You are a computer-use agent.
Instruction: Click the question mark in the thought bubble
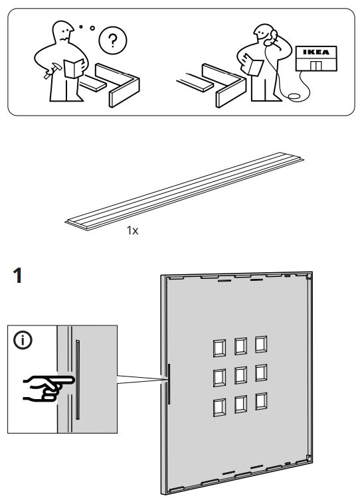pyautogui.click(x=110, y=42)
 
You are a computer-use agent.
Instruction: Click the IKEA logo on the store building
pyautogui.click(x=316, y=50)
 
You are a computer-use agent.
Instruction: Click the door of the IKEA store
pyautogui.click(x=316, y=64)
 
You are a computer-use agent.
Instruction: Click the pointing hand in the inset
pyautogui.click(x=43, y=387)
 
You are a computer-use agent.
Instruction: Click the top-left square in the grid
pyautogui.click(x=218, y=347)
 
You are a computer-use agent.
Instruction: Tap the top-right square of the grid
pyautogui.click(x=260, y=345)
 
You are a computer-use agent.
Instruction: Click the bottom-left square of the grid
pyautogui.click(x=218, y=404)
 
